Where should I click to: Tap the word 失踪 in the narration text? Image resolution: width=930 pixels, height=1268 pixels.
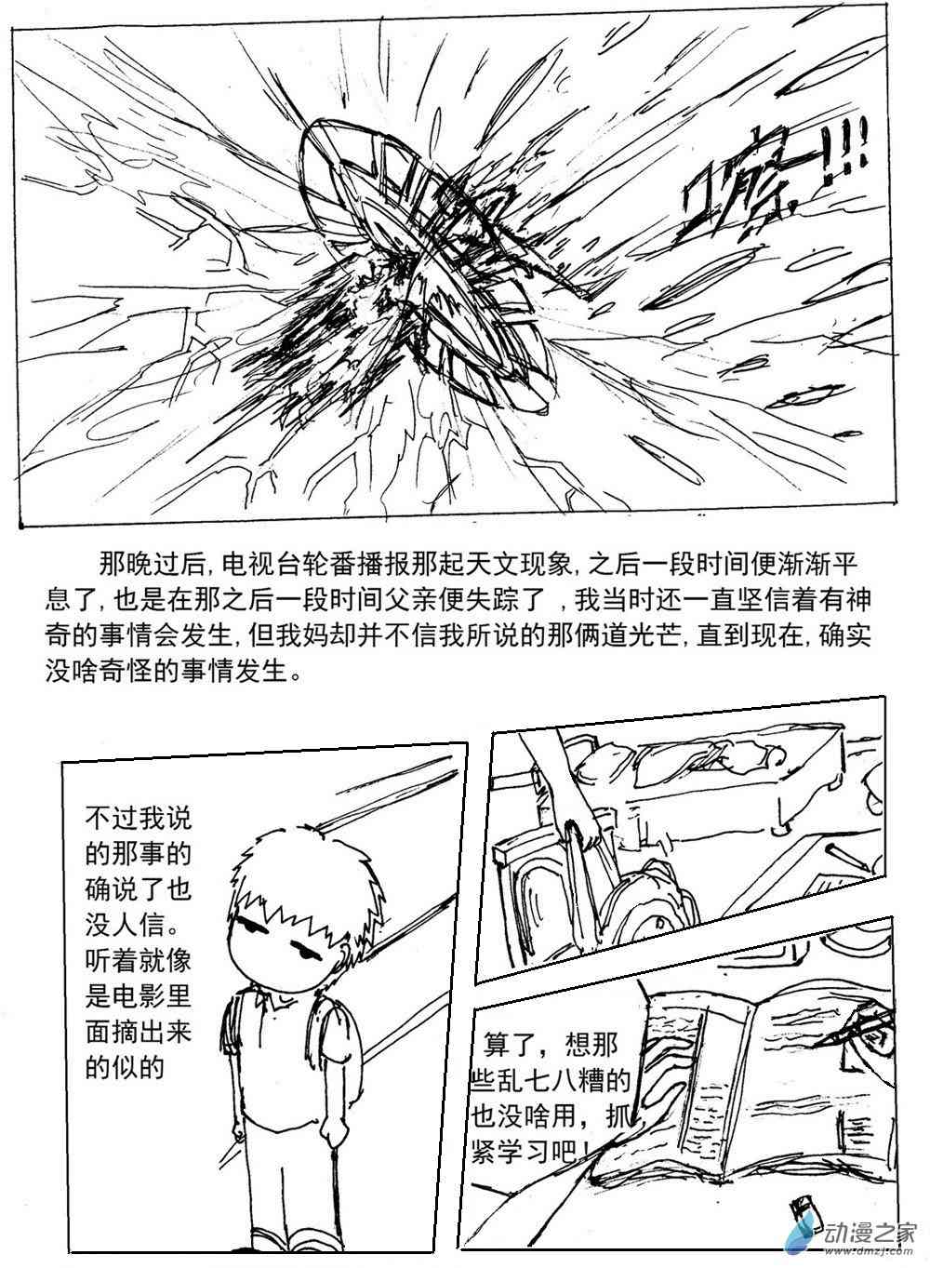[498, 600]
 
